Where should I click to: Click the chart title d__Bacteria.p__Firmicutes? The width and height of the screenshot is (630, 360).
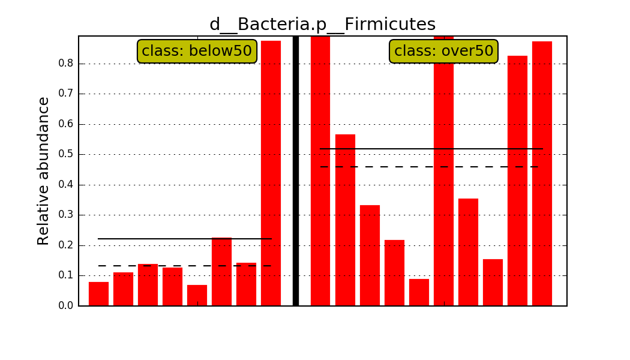(x=323, y=24)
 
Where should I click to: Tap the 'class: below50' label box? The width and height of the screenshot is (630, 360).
(x=197, y=51)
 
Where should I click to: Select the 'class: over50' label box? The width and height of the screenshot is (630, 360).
(x=443, y=51)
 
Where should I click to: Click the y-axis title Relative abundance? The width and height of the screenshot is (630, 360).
(x=43, y=171)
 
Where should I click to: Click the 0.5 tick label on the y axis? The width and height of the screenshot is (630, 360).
(x=66, y=154)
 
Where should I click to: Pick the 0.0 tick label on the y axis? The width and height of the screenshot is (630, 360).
(x=66, y=306)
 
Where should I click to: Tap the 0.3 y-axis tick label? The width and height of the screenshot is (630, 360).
(x=66, y=215)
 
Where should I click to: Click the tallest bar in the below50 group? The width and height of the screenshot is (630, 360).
(x=271, y=173)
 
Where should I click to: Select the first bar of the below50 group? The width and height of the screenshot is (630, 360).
(x=99, y=294)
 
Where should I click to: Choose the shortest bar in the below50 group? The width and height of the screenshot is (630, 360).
(x=197, y=295)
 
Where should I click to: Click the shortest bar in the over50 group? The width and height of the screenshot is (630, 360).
(x=419, y=292)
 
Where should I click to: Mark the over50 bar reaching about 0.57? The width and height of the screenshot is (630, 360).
(x=345, y=220)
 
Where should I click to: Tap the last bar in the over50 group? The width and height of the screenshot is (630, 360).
(x=542, y=173)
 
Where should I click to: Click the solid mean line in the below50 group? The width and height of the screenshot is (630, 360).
(x=185, y=239)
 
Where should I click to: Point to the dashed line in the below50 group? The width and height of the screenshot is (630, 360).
(x=185, y=266)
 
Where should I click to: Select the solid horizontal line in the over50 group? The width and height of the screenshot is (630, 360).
(x=431, y=149)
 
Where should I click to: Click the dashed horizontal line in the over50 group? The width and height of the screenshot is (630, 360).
(x=429, y=166)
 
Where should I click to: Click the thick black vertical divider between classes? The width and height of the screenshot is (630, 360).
(x=296, y=171)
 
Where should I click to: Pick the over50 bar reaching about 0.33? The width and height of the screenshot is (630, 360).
(x=370, y=256)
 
